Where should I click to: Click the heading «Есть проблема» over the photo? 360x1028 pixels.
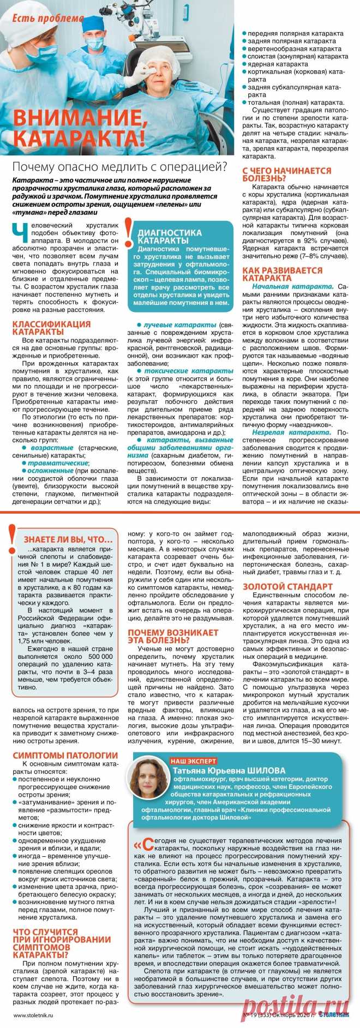[48, 18]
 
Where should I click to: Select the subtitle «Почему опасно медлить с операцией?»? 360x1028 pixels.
[119, 166]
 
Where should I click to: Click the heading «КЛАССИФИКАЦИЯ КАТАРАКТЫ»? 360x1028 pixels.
[51, 327]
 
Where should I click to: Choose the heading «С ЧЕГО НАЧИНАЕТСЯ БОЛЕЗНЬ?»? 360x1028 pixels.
[287, 174]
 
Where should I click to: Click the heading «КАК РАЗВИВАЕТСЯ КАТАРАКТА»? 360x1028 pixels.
[282, 274]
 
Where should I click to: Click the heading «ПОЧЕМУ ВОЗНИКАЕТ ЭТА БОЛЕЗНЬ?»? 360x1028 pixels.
[173, 636]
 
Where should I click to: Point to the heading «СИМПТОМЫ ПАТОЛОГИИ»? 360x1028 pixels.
[65, 755]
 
